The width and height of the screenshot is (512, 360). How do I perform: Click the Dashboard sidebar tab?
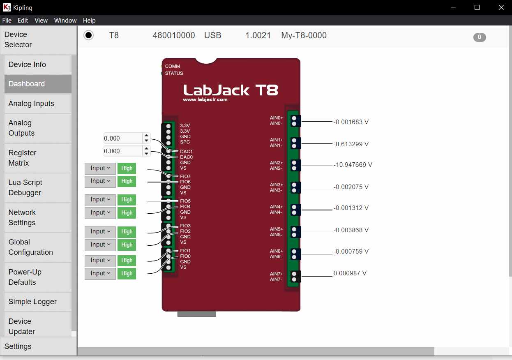(38, 84)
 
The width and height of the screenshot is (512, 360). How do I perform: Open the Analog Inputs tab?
(38, 104)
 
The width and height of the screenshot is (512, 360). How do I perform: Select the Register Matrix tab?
(38, 158)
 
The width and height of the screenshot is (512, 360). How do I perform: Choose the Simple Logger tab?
(38, 302)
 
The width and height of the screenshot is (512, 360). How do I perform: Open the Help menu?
(89, 21)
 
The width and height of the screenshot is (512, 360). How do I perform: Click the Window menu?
(65, 21)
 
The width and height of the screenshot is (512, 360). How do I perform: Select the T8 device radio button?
(88, 35)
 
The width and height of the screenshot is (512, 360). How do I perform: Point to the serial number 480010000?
(173, 35)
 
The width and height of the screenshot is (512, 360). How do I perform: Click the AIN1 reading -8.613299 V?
(351, 144)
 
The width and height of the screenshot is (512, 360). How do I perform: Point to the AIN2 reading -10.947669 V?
(353, 165)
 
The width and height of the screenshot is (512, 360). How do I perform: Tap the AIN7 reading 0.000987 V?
(350, 273)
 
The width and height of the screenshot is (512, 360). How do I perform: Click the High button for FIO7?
(127, 168)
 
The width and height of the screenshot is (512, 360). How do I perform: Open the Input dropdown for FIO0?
(100, 273)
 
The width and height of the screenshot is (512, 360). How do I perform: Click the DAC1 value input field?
(122, 138)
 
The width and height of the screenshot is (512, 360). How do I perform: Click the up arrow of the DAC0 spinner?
(147, 149)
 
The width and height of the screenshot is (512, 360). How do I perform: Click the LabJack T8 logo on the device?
(231, 90)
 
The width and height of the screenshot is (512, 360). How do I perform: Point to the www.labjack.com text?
(205, 99)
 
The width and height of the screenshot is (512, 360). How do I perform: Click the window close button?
(500, 7)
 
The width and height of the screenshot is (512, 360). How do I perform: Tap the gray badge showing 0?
(480, 37)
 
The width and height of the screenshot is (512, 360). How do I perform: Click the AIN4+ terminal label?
(276, 207)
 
